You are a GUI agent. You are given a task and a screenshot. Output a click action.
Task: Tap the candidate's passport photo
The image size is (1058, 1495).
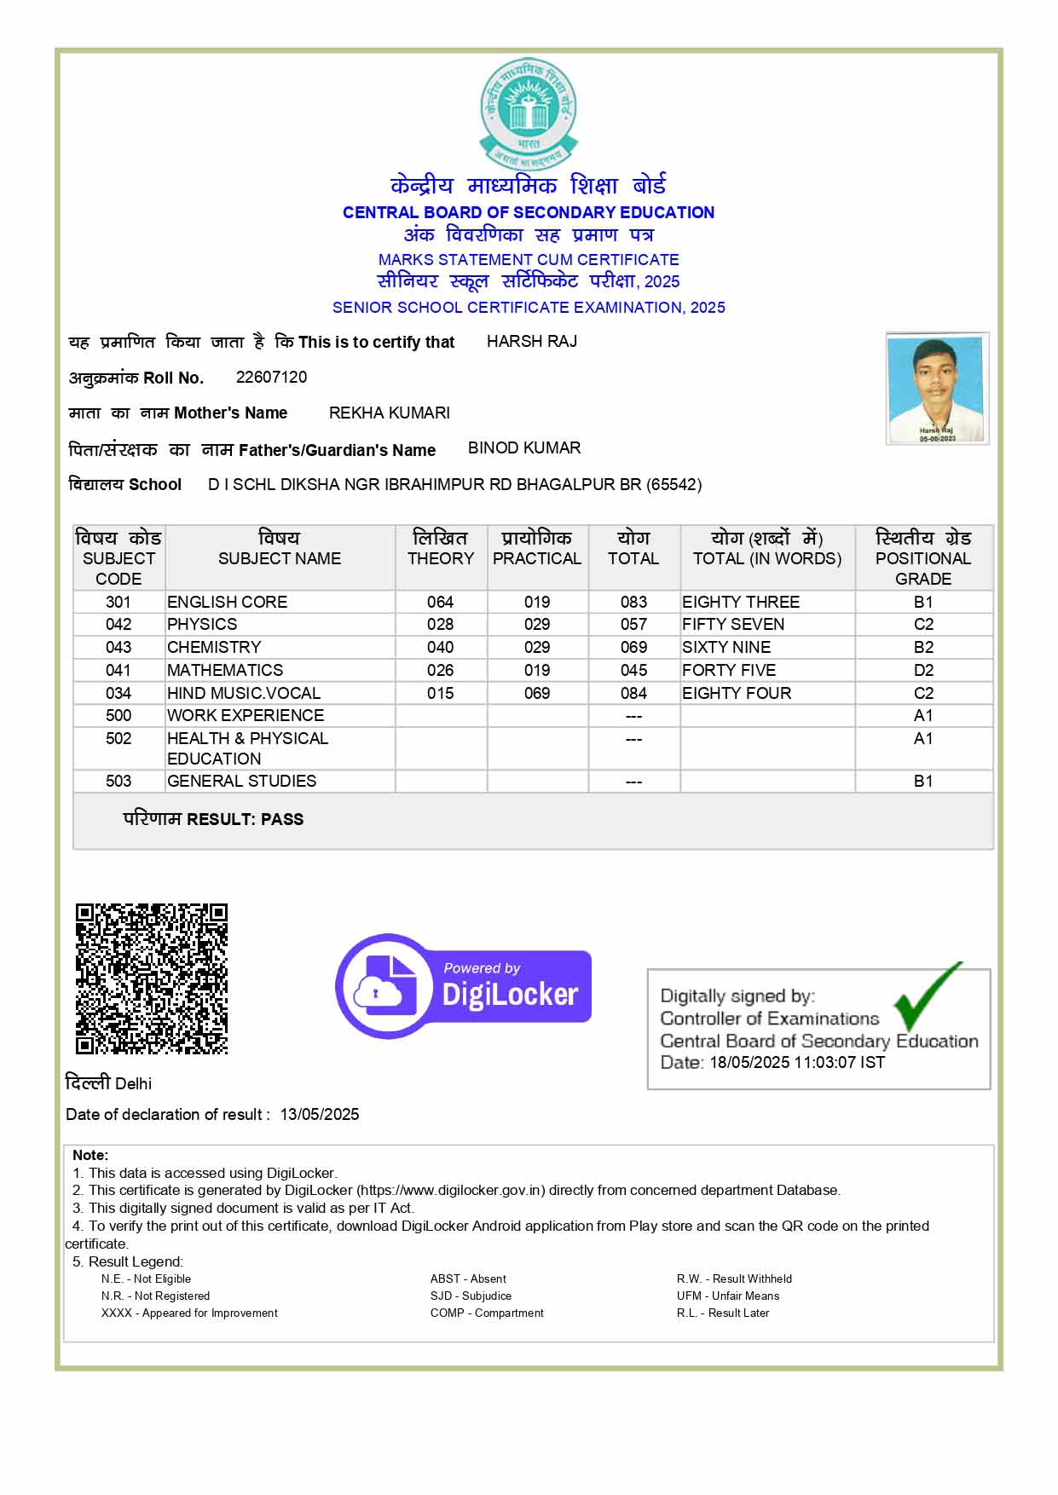[x=937, y=388]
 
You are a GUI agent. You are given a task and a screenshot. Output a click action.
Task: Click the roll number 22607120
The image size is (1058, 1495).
[x=271, y=377]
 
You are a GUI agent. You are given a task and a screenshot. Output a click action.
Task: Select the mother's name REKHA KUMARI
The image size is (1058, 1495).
[x=389, y=413]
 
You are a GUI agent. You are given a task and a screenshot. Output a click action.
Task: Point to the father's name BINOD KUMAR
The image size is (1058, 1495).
[x=524, y=447]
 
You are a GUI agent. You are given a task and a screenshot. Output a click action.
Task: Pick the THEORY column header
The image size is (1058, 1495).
[x=441, y=558]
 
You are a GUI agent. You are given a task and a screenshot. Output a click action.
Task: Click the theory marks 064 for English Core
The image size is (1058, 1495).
[x=441, y=602]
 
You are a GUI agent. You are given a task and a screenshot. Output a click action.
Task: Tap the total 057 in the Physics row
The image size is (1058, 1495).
[x=633, y=624]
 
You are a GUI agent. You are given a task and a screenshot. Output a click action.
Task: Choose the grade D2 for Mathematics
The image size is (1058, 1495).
[x=923, y=670]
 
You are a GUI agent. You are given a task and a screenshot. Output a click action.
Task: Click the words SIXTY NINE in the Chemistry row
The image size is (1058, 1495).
[x=726, y=647]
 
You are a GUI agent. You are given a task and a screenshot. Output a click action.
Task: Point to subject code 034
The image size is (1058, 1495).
[x=119, y=693]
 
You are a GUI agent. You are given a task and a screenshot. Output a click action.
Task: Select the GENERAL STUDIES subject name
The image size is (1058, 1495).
[x=241, y=781]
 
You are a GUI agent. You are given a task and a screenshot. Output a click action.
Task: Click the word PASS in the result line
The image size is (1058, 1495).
[x=282, y=819]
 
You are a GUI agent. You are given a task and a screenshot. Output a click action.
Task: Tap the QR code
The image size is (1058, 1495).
[x=152, y=978]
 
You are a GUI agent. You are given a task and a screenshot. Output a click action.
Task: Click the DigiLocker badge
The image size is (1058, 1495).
[x=464, y=986]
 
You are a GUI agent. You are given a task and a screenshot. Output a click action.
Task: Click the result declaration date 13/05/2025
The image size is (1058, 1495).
[x=320, y=1114]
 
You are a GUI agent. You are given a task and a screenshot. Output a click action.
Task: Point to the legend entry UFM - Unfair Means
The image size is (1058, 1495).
[x=728, y=1296]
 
